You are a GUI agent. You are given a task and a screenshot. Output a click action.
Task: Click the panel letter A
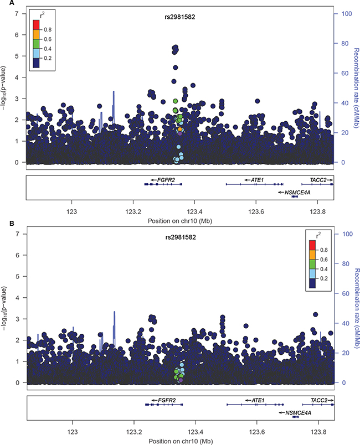point(12,3)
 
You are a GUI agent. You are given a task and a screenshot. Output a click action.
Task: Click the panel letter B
point(12,224)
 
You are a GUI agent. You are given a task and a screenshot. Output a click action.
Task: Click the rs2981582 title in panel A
point(180,17)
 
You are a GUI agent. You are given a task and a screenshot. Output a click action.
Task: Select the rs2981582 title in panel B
point(181,237)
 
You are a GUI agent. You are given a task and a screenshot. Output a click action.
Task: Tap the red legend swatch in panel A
point(36,25)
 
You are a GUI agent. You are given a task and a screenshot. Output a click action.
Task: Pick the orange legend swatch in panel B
point(312,255)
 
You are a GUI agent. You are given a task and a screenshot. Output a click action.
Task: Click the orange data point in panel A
point(179,130)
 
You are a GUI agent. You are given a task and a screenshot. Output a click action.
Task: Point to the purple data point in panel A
point(179,134)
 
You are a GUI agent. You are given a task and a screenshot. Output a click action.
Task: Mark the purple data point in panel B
point(181,380)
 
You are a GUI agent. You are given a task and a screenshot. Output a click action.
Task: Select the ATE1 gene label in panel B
point(258,400)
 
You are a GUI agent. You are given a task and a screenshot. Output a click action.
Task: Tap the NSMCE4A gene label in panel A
point(297,193)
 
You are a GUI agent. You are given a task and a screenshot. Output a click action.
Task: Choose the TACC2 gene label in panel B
point(319,400)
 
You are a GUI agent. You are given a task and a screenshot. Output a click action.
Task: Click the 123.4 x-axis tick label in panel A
point(194,211)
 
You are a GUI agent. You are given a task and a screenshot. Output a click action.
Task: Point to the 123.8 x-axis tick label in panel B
point(318,432)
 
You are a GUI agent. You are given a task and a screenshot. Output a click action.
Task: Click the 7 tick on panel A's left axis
point(17,14)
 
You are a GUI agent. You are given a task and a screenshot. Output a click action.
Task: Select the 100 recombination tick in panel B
point(347,234)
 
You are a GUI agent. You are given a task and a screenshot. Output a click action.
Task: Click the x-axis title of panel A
point(180,221)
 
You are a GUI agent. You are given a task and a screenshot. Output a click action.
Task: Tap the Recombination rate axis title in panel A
point(356,88)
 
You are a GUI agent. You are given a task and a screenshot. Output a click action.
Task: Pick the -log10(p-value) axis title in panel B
point(3,308)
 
